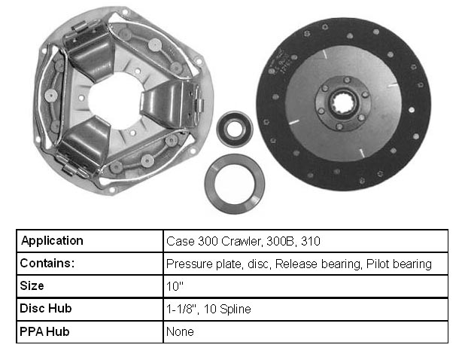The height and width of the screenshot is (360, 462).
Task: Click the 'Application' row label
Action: tap(53, 241)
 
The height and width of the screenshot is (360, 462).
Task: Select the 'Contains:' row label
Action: tap(47, 263)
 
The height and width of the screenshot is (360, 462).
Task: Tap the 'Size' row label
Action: tap(32, 285)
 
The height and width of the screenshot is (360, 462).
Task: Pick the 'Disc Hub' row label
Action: tap(46, 308)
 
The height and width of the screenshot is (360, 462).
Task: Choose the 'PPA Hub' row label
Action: tap(44, 331)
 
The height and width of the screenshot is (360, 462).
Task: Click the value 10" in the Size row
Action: tap(175, 286)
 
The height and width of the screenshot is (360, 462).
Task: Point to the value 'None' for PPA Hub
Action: tap(180, 331)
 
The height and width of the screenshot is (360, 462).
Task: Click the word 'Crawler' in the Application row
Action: tap(242, 242)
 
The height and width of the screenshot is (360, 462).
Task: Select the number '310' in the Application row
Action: tap(311, 242)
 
